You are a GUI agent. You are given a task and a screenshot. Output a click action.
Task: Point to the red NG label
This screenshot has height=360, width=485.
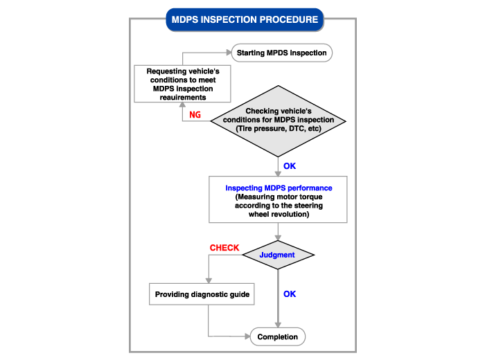click(195, 115)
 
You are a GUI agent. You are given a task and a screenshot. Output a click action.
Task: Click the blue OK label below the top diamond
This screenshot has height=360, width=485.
click(290, 166)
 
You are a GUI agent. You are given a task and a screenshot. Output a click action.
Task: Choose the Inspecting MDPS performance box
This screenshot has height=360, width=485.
click(278, 199)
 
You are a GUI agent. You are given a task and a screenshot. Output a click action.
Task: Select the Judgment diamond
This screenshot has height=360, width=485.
click(277, 255)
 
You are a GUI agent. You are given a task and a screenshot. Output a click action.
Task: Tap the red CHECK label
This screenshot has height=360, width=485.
click(224, 247)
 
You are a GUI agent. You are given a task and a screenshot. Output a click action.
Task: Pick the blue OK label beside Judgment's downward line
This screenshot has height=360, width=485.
click(290, 294)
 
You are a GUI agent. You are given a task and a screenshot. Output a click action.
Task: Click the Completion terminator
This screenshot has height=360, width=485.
click(277, 337)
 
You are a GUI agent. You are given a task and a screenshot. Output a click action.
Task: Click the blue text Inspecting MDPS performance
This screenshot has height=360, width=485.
click(278, 188)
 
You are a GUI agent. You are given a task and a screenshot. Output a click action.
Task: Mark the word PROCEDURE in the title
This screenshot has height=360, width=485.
click(288, 19)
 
